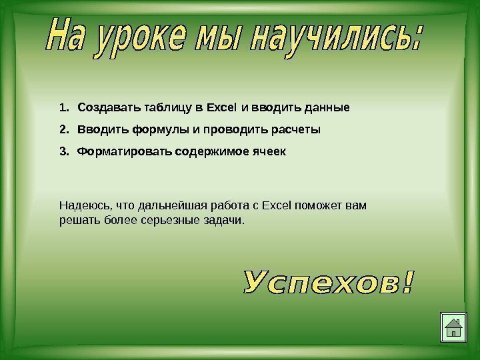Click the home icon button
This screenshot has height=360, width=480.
[453, 327]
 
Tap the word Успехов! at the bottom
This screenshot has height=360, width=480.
[329, 283]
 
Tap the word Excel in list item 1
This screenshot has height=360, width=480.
[221, 107]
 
